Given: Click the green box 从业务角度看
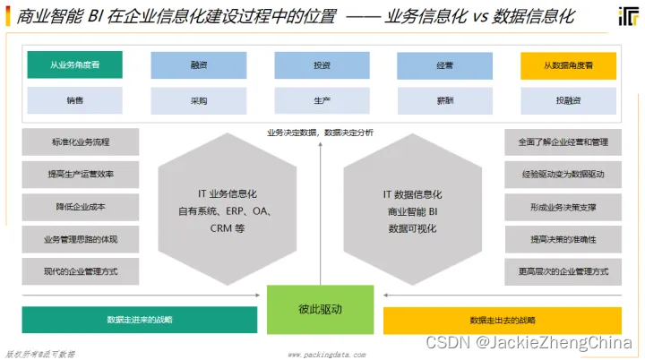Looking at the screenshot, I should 74,65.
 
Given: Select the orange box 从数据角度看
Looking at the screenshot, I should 568,65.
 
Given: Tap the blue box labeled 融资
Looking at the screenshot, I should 198,65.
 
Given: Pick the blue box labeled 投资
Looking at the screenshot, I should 322,65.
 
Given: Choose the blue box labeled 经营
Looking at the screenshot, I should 445,65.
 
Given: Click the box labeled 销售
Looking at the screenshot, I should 74,100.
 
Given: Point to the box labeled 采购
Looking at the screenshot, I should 198,100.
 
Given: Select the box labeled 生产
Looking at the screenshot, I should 322,100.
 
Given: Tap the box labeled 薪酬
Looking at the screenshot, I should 445,100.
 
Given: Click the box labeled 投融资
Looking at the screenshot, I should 568,100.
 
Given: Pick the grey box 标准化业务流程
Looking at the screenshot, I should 81,142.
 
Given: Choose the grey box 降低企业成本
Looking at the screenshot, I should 81,207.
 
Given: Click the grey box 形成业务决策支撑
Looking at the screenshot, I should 563,207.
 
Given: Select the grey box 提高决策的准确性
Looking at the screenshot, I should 563,239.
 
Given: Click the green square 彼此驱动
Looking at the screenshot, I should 320,309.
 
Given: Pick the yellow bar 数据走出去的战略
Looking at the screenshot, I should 503,320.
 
